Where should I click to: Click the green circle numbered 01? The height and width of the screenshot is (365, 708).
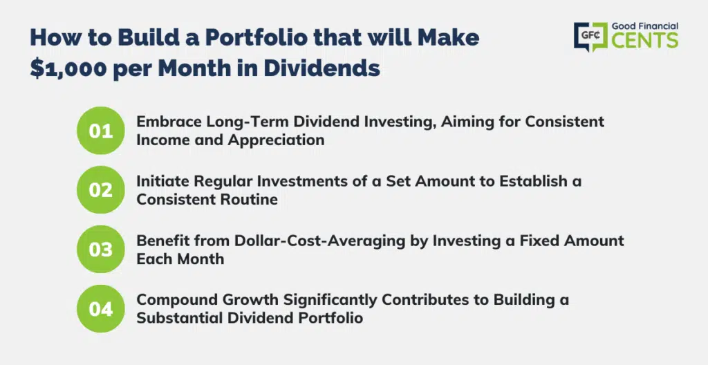click(x=101, y=131)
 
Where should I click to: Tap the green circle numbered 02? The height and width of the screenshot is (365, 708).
click(x=101, y=189)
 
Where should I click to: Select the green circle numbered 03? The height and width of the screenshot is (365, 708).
click(x=101, y=250)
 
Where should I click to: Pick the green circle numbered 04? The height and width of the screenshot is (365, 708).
click(x=101, y=309)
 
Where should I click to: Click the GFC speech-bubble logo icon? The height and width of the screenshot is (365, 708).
click(x=590, y=37)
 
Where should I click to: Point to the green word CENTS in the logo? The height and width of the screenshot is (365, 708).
click(x=645, y=40)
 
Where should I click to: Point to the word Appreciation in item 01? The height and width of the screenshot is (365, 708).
click(x=276, y=140)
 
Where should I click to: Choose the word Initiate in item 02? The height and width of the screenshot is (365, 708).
click(x=162, y=180)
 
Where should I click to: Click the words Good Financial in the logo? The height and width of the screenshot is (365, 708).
click(x=645, y=26)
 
